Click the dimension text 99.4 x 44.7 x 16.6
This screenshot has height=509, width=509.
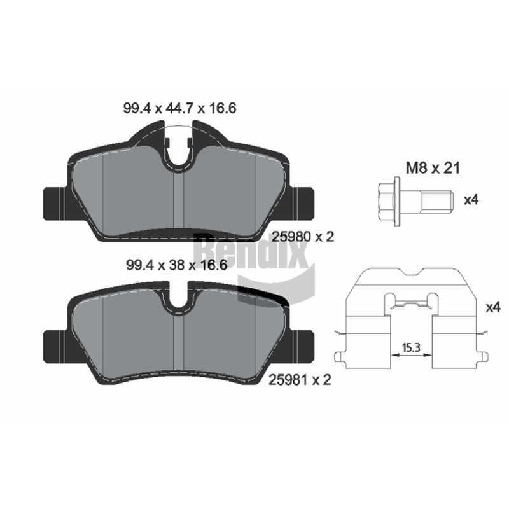pyautogui.click(x=179, y=108)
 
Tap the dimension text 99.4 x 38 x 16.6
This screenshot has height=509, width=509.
pyautogui.click(x=176, y=265)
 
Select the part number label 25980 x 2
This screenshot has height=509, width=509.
pyautogui.click(x=303, y=237)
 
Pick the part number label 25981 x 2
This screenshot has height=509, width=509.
pyautogui.click(x=300, y=380)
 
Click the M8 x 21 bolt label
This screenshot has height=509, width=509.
pyautogui.click(x=433, y=169)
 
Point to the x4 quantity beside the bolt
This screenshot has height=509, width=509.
pyautogui.click(x=471, y=200)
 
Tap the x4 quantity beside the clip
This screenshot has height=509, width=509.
pyautogui.click(x=493, y=307)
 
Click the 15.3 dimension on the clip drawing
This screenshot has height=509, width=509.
pyautogui.click(x=411, y=348)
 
